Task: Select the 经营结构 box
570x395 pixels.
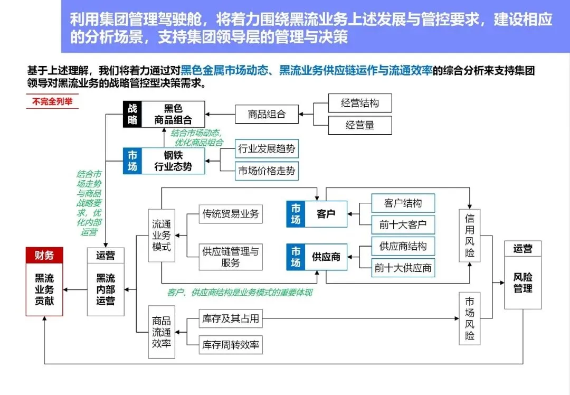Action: tap(360, 104)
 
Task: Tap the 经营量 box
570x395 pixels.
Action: tap(360, 125)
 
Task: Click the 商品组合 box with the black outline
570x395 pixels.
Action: tap(267, 114)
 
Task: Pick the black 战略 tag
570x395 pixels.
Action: tap(132, 114)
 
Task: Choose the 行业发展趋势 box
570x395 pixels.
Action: tap(267, 149)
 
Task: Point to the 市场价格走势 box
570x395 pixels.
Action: tap(267, 171)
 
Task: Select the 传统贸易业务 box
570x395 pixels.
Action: tap(231, 214)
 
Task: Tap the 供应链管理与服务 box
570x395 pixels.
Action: tap(231, 257)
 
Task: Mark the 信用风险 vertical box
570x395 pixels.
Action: tap(470, 236)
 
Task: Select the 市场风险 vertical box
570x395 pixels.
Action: tap(470, 318)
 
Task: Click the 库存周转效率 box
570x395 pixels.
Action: tap(231, 345)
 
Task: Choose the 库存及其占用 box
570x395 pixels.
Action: tap(231, 319)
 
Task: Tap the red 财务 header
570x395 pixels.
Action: tap(44, 256)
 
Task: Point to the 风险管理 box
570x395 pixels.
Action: tap(522, 283)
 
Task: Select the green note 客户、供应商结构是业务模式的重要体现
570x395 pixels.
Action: tap(239, 292)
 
